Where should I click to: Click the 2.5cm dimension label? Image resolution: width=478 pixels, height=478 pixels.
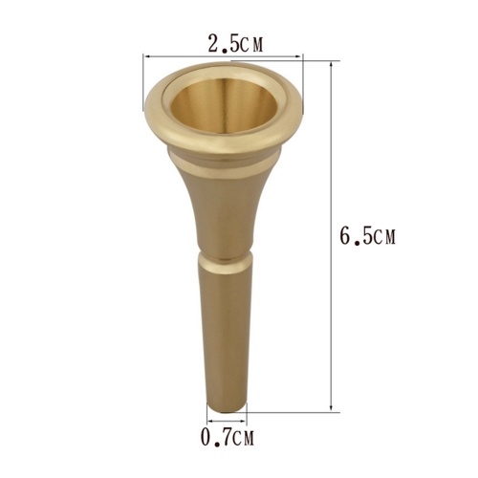[x=234, y=43]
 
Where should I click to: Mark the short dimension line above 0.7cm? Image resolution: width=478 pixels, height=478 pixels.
[x=226, y=418]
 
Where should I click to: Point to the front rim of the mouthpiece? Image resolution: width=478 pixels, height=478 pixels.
[x=224, y=141]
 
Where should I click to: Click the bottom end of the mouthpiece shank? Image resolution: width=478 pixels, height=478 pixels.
[x=226, y=402]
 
